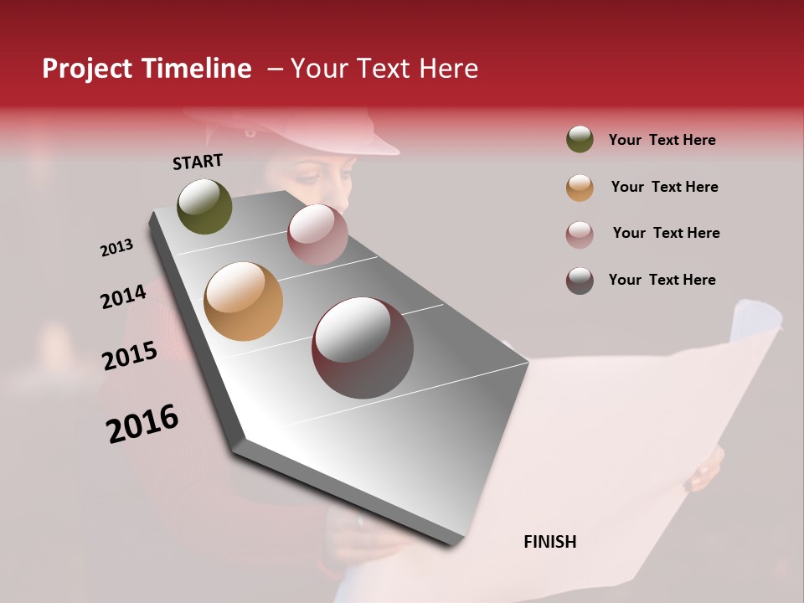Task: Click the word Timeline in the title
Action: coord(197,69)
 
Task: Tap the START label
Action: coord(198,162)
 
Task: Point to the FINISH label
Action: coord(549,542)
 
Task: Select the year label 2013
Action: coord(116,248)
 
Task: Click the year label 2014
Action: coord(123,296)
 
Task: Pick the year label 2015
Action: coord(130,356)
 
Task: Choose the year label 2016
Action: coord(142,424)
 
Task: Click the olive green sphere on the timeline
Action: coord(205,206)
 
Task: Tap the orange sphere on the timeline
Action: coord(243,301)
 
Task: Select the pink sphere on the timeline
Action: coord(317,234)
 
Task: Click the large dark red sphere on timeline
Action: coord(363,348)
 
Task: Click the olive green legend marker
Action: coord(580,140)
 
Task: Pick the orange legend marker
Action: coord(580,188)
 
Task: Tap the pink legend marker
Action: coord(580,234)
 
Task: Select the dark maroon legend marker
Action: coord(580,281)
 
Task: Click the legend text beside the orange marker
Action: coord(664,187)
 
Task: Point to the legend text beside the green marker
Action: coord(662,140)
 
